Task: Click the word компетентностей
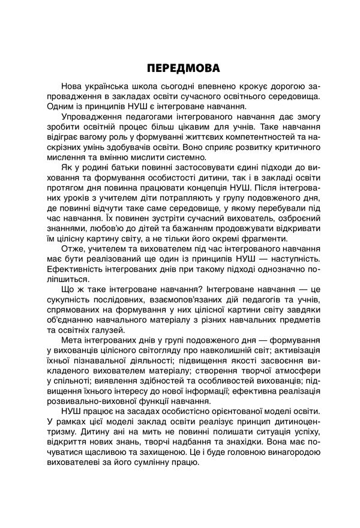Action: pyautogui.click(x=260, y=139)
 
